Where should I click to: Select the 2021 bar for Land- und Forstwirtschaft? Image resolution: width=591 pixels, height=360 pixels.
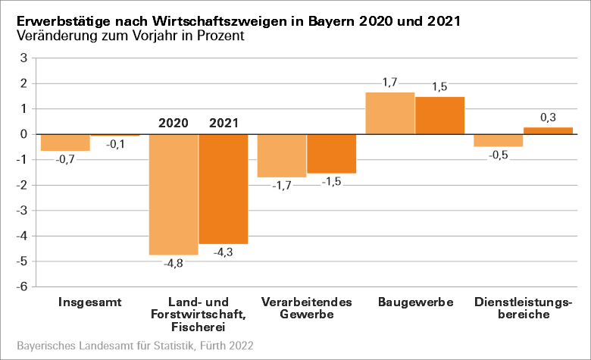point(223,189)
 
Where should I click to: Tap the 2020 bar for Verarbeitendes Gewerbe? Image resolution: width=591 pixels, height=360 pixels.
point(282,155)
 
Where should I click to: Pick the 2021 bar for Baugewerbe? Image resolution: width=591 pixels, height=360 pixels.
point(439,115)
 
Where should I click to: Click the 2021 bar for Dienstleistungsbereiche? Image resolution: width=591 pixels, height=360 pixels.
point(548,130)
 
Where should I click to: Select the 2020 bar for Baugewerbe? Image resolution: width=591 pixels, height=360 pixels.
point(390,113)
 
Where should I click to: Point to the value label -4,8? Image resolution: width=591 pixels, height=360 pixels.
point(174,264)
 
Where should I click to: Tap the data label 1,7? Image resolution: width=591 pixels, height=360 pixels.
point(389,82)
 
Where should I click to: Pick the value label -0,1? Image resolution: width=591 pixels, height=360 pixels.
point(116,145)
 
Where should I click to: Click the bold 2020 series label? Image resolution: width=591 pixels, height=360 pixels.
point(174,123)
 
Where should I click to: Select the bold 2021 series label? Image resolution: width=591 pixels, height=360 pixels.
point(223,123)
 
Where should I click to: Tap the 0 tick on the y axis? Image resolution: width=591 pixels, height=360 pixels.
point(24,134)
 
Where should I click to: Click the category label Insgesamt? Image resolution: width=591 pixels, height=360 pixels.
point(89,302)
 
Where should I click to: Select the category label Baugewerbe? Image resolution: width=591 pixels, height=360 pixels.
point(415,302)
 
